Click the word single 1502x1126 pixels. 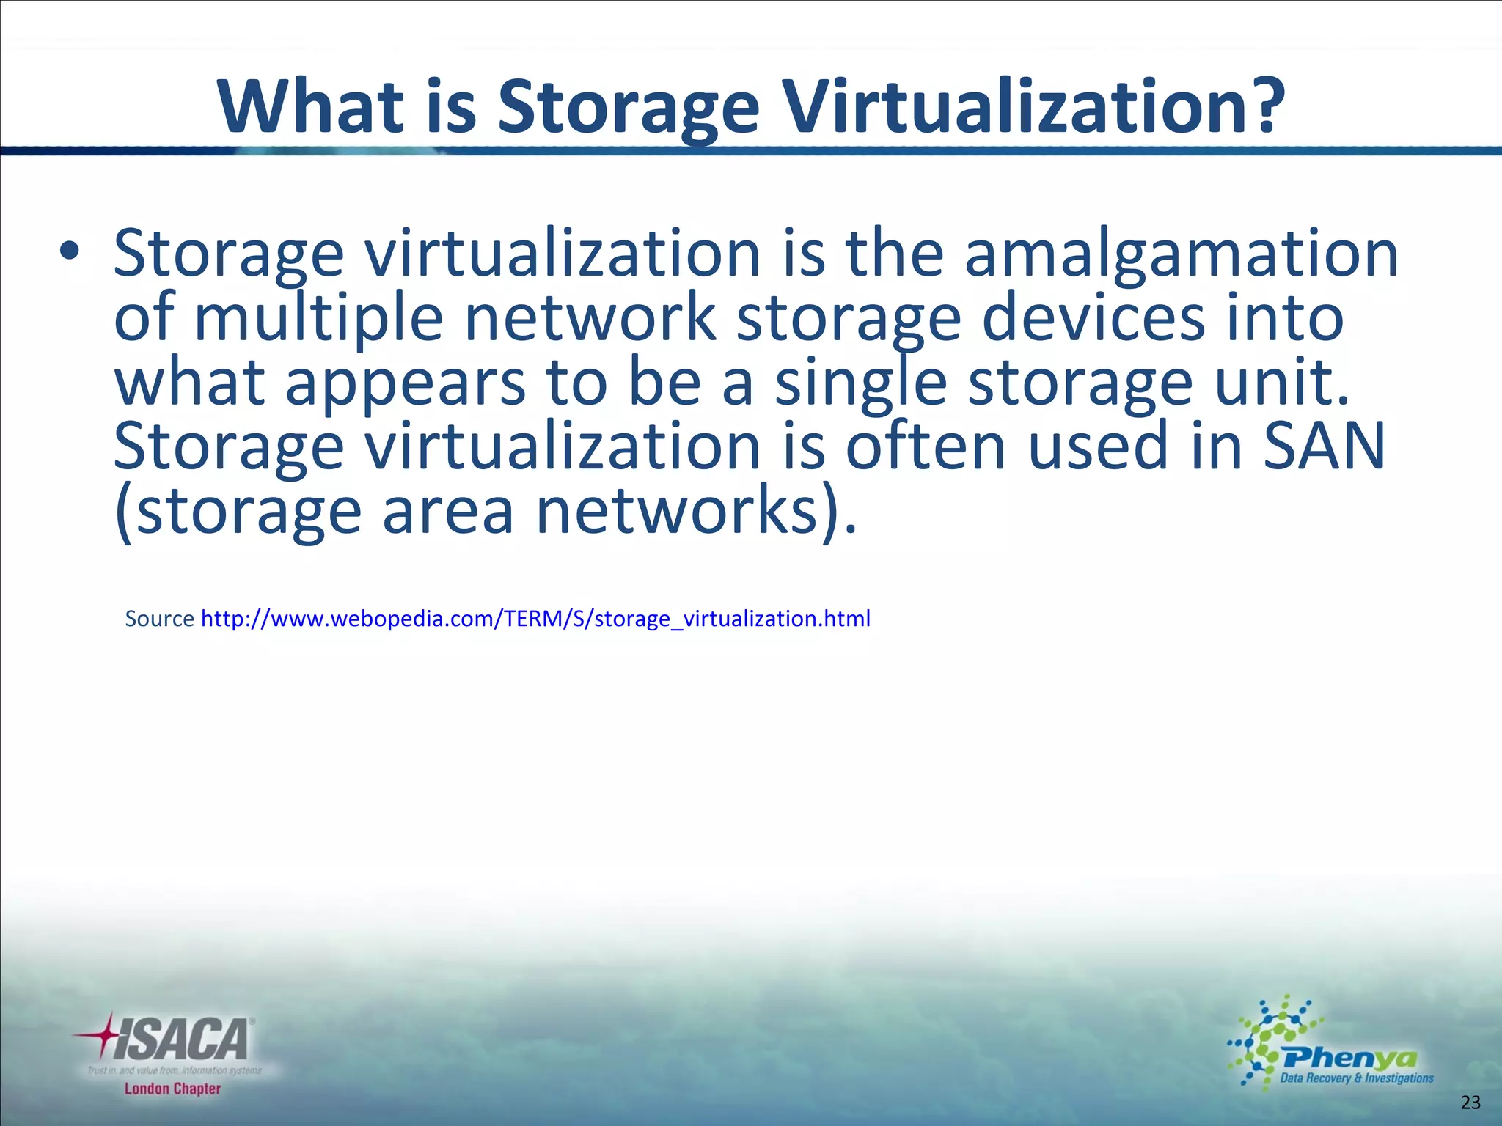[861, 383]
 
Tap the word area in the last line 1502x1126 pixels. [448, 512]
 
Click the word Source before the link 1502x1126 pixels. [159, 619]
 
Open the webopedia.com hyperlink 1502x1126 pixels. [535, 619]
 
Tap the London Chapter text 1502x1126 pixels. [172, 1089]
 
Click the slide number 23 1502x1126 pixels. [1470, 1103]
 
